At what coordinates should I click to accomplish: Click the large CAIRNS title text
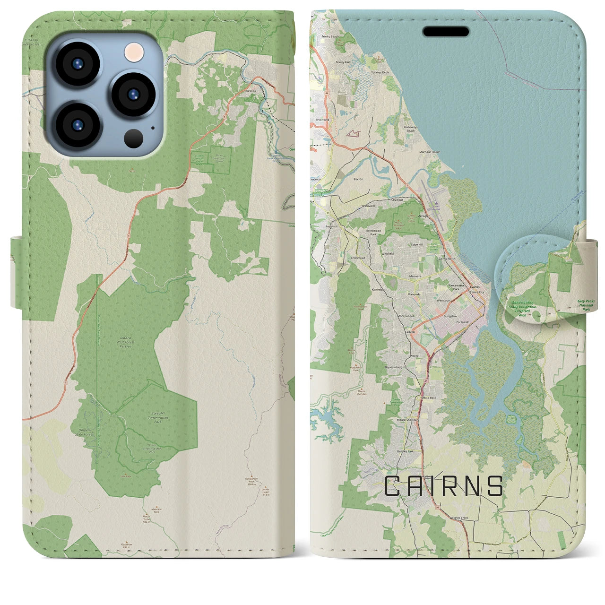(443, 486)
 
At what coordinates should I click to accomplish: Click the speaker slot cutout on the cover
(446, 32)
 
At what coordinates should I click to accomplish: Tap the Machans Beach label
(429, 152)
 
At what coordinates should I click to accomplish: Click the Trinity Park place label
(343, 62)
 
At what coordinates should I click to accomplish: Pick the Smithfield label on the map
(322, 120)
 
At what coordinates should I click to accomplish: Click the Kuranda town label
(250, 91)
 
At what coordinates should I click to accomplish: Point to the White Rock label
(429, 398)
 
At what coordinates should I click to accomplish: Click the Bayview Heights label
(395, 367)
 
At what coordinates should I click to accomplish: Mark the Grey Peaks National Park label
(586, 304)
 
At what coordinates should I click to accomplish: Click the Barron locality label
(358, 179)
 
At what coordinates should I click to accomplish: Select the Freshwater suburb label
(368, 206)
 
